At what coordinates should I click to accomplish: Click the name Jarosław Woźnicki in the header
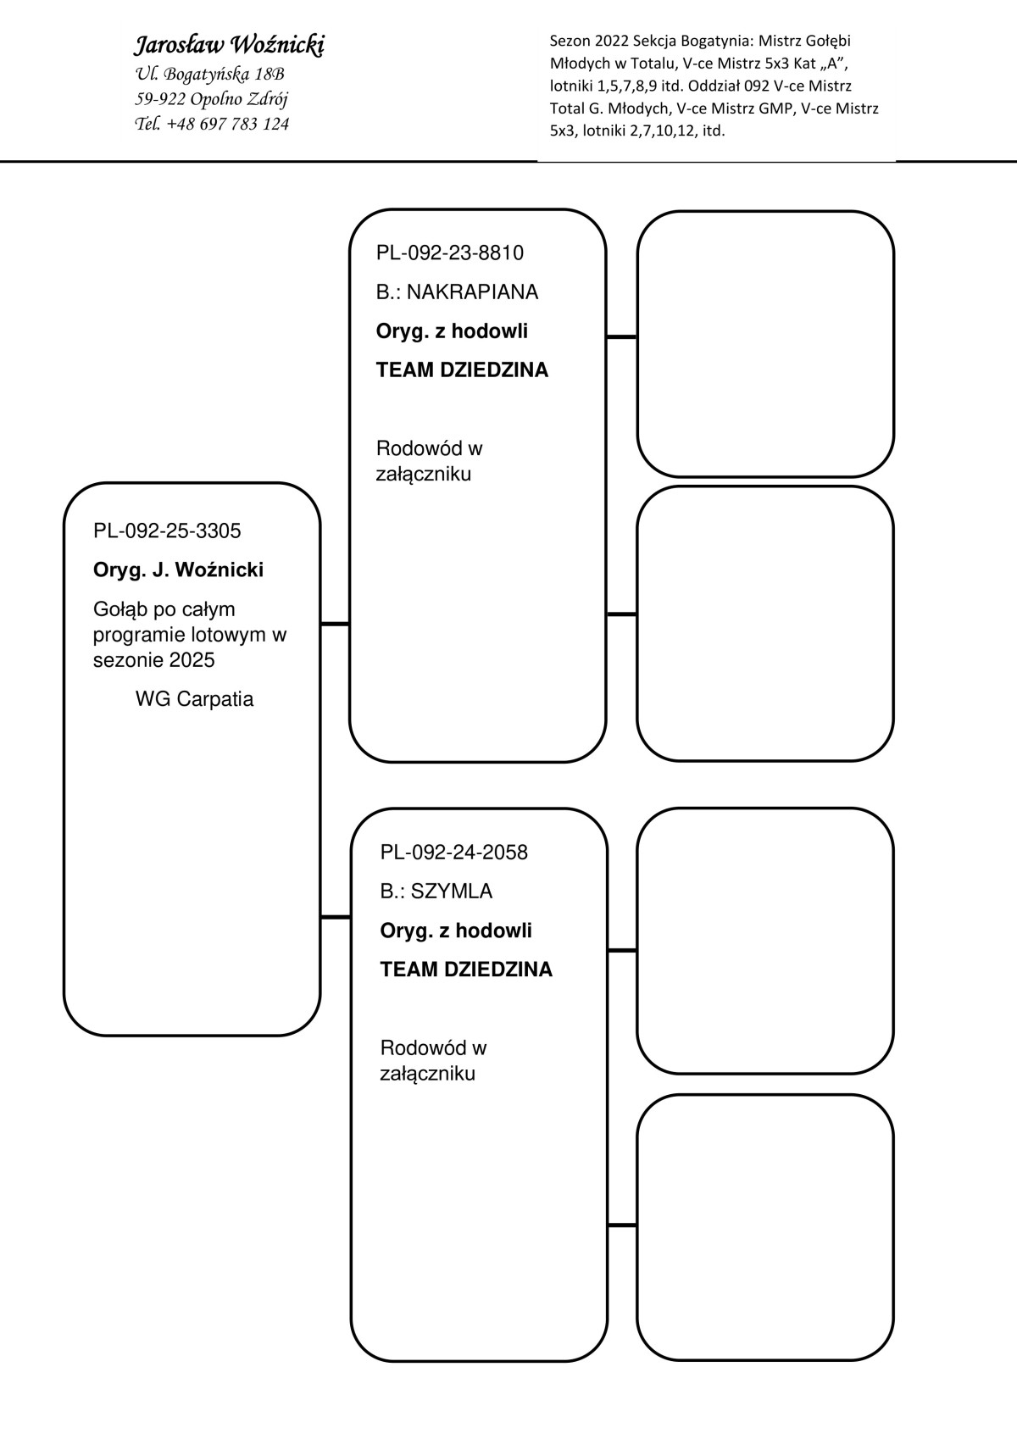click(229, 46)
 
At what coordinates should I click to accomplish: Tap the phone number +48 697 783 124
click(228, 124)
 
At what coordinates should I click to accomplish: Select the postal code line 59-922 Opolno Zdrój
click(211, 99)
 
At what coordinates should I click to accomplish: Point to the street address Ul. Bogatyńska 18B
click(209, 74)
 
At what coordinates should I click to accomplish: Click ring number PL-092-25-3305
click(167, 531)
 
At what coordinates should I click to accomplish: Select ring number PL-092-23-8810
click(449, 253)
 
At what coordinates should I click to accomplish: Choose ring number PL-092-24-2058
click(453, 853)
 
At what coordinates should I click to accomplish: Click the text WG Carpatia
click(194, 699)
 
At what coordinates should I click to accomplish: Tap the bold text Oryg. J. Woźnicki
click(178, 570)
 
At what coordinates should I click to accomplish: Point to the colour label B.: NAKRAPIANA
click(457, 292)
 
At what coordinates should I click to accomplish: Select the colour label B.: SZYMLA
click(436, 892)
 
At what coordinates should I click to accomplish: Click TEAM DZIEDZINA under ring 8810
click(462, 370)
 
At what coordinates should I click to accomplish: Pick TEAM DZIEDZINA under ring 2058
click(466, 970)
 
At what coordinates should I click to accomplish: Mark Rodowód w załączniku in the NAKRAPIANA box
click(429, 461)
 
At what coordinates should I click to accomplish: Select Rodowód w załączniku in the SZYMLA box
click(433, 1060)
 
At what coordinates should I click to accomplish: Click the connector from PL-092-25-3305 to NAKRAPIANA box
click(335, 625)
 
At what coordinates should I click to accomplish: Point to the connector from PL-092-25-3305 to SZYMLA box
click(336, 917)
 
